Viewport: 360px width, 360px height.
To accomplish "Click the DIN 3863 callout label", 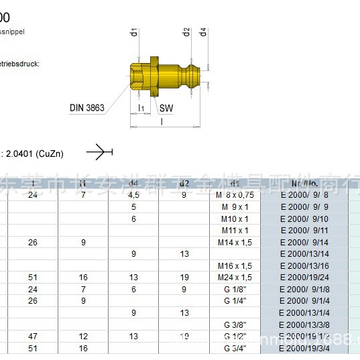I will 87,108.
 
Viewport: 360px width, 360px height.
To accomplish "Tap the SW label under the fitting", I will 166,108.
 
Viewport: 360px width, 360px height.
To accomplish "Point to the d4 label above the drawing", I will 202,33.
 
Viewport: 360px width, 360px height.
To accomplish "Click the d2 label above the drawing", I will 186,33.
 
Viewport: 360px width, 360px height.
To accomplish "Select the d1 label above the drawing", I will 134,33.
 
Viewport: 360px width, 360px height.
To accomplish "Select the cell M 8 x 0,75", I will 235,195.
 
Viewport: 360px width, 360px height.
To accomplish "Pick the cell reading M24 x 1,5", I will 235,278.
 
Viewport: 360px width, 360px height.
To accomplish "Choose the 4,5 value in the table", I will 133,195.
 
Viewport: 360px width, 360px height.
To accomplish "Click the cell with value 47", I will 33,337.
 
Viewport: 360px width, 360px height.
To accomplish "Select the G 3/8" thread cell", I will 235,325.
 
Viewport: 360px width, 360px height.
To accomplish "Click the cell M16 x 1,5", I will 235,266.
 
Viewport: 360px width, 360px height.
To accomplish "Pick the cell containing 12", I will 83,337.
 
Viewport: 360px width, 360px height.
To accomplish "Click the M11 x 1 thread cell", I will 235,231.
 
